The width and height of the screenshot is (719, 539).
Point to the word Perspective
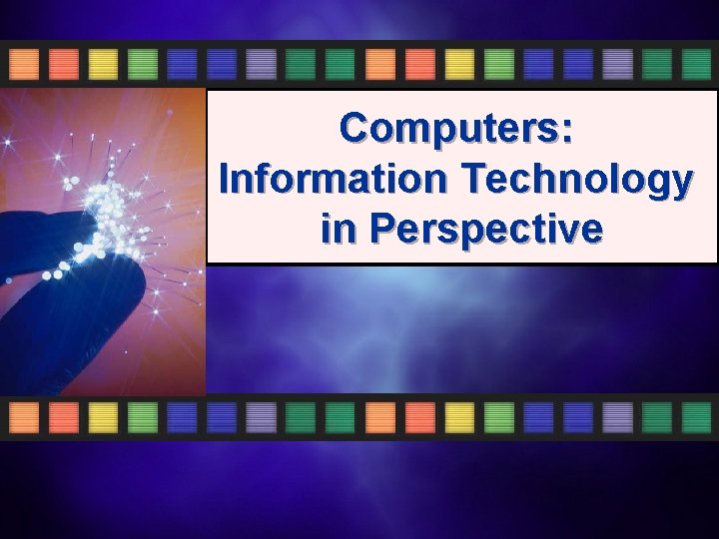coord(486,229)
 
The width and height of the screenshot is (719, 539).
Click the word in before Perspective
coord(339,229)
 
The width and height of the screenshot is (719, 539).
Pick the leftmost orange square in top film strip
coord(24,65)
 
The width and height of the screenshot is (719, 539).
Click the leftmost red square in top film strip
coord(64,65)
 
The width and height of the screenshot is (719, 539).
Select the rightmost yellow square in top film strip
coord(459,65)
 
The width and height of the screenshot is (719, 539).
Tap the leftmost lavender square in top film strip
coord(262,65)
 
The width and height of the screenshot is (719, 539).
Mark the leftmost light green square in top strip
coord(143,65)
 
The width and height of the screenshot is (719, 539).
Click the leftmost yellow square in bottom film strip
coord(103,417)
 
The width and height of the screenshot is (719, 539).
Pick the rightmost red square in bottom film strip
coord(420,417)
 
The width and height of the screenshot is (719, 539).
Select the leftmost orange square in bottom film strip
coord(24,417)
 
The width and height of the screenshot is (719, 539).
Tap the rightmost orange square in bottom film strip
coord(380,417)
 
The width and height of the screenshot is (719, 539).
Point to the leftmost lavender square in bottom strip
coord(262,417)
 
